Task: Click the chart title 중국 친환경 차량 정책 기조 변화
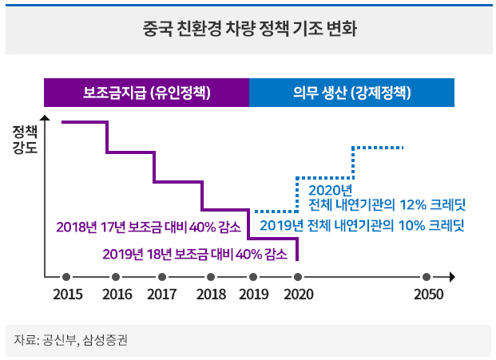pos(248,31)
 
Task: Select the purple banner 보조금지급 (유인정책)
pos(147,93)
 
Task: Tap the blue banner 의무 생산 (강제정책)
pos(351,93)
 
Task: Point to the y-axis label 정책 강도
pos(25,140)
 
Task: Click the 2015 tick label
pos(68,295)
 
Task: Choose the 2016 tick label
pos(117,295)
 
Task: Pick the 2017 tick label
pos(162,295)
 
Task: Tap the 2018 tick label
pos(211,295)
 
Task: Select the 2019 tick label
pos(253,295)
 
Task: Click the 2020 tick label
pos(298,295)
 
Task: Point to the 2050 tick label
pos(428,295)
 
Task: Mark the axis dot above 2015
pos(68,277)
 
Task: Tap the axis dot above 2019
pos(253,277)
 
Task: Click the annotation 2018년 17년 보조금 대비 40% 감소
pos(149,226)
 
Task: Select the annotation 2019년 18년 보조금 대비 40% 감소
pos(195,255)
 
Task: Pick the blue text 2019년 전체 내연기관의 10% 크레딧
pos(362,225)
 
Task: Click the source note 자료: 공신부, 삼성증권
pos(70,341)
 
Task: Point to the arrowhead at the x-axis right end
pos(452,277)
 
